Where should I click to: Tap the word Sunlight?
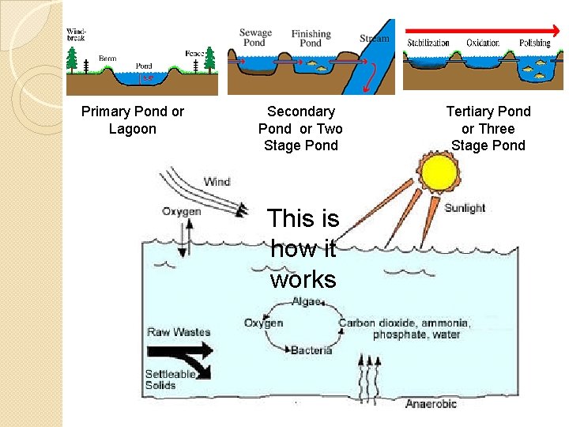465,208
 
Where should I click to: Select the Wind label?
217,182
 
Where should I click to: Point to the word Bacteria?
311,350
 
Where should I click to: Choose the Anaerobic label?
431,404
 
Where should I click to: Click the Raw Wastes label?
179,332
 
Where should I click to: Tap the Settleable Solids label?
169,380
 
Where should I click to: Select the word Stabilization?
428,43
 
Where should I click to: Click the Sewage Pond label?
254,37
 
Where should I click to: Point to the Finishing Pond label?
311,39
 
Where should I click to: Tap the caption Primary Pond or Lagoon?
133,120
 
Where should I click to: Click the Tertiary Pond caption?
488,128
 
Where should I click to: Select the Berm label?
107,59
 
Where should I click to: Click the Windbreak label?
77,34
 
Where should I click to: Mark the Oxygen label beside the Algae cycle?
263,323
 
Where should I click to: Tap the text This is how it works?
303,248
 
